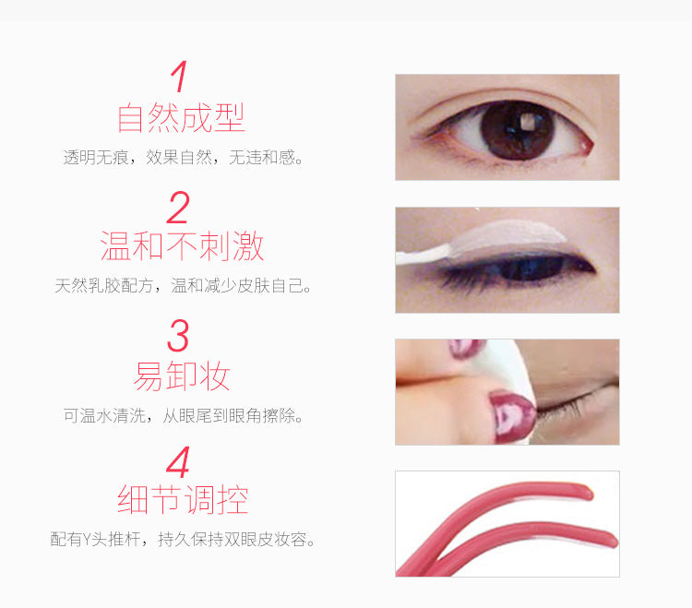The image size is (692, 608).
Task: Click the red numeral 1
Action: pos(180,77)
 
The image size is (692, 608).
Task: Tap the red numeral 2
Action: pos(178,208)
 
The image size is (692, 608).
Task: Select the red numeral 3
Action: pos(178,335)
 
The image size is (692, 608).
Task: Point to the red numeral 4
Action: pos(178,462)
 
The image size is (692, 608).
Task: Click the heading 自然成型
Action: pos(181,118)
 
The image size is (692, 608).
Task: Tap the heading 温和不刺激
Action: pos(182,245)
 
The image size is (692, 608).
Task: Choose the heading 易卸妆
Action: pos(182,376)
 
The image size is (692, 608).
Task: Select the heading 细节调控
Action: pos(183,499)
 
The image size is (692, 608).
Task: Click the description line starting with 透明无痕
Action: pos(184,157)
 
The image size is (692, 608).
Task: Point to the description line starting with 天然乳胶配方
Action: pos(184,286)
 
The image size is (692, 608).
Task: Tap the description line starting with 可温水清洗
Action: pos(184,415)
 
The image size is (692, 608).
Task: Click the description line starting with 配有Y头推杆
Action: pos(183,539)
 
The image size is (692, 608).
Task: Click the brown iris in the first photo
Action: pos(518,130)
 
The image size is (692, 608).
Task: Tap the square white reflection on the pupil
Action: pos(527,121)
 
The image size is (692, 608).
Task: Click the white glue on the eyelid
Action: pos(507,237)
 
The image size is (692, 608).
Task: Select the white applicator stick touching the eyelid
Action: pos(423,256)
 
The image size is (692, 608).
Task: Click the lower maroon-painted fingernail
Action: pos(513,416)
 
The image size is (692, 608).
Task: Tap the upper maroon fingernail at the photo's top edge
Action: pos(466,348)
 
